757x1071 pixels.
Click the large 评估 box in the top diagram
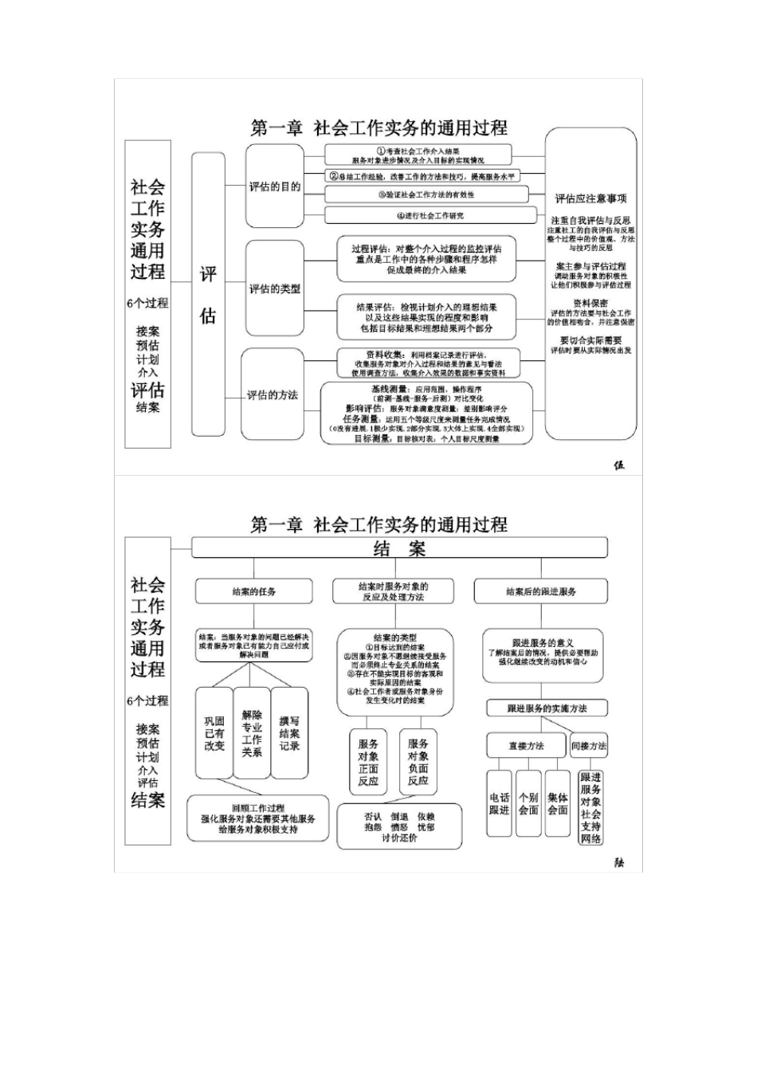pos(208,295)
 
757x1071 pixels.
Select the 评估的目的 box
pos(275,186)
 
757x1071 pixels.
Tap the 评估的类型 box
pos(275,288)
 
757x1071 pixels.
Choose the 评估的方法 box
pos(273,394)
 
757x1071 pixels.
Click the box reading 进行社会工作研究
pos(430,215)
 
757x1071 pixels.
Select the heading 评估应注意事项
pos(590,198)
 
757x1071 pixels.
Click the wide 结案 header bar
pos(399,548)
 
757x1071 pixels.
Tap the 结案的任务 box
pos(254,591)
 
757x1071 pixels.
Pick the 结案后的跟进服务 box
pos(541,591)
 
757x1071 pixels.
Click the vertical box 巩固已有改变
pos(214,733)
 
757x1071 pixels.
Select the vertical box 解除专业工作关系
pos(252,733)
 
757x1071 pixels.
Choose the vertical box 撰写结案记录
pos(289,733)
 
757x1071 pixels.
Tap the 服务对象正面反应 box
pos(368,762)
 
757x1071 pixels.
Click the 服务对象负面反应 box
pos(418,762)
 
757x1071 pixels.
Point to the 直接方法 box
pos(526,746)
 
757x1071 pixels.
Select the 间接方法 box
pos(589,746)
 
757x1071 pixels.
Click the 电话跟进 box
pos(499,803)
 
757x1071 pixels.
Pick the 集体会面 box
pos(558,803)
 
